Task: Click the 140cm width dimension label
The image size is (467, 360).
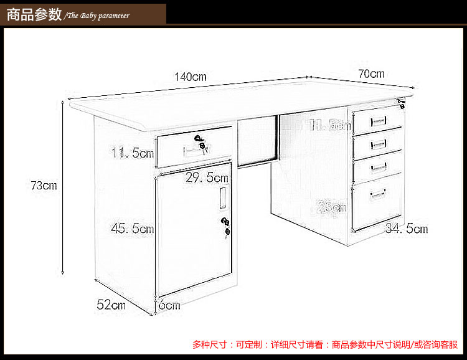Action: [x=191, y=77]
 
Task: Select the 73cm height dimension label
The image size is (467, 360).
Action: [x=44, y=186]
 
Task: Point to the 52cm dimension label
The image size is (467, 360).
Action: [x=111, y=305]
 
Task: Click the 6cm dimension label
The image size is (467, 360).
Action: [x=169, y=305]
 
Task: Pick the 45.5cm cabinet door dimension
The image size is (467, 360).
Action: [x=132, y=229]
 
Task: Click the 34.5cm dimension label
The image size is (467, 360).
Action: [x=407, y=229]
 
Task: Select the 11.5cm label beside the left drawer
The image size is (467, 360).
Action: [x=132, y=153]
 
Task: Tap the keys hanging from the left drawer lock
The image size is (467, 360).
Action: [x=202, y=143]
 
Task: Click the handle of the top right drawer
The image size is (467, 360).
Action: [x=378, y=121]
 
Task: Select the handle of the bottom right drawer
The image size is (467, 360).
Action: [x=379, y=196]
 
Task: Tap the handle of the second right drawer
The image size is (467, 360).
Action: [x=378, y=144]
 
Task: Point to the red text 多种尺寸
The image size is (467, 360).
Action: [x=210, y=344]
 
